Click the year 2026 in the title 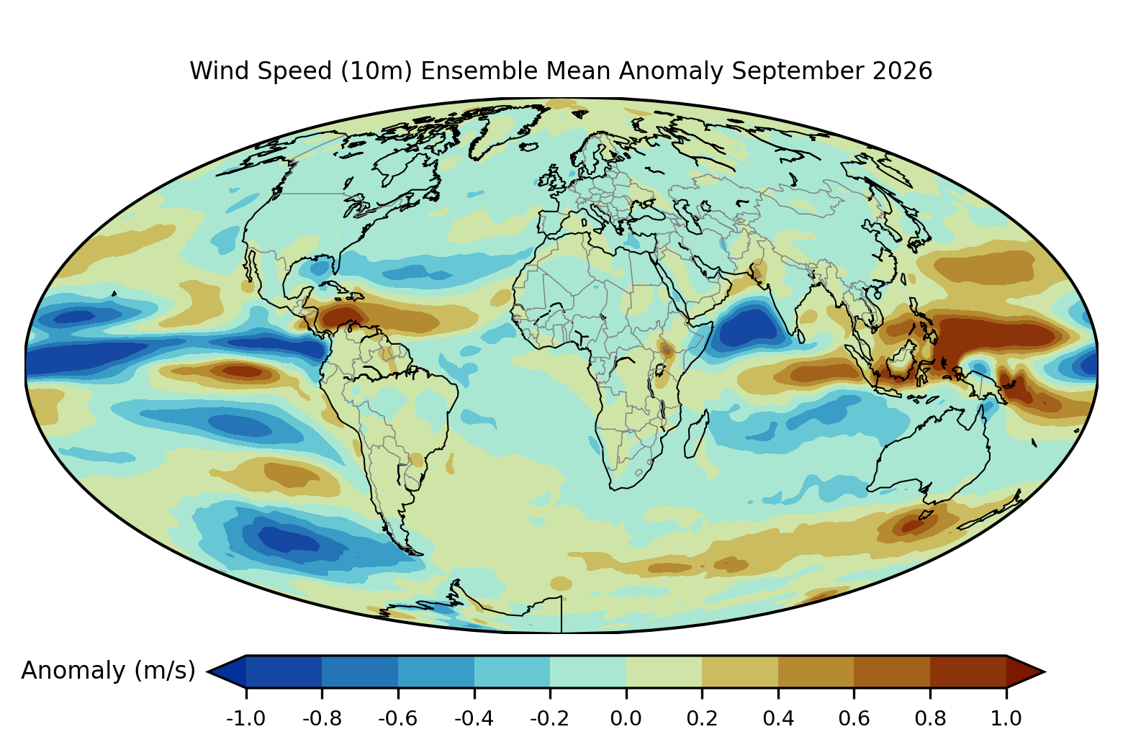903,71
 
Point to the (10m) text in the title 376,71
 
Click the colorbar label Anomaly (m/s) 108,670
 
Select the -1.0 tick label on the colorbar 245,718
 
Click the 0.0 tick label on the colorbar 626,718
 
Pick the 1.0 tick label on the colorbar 1006,718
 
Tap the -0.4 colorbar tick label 474,718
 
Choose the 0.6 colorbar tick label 854,718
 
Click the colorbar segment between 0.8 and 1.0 968,671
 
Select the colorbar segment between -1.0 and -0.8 284,671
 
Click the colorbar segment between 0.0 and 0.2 664,671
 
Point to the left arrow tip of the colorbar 208,671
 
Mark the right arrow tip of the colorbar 1045,671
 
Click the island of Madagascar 697,434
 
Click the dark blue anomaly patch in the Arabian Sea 747,327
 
